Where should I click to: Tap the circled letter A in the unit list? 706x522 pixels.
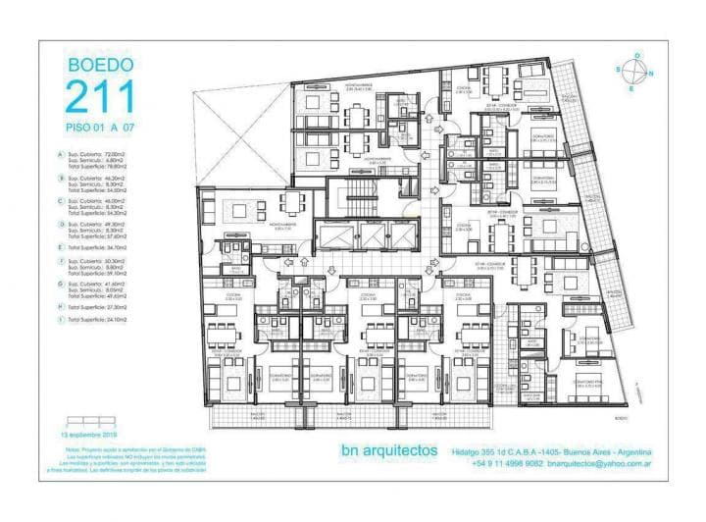61,155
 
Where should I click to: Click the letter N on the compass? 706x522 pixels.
637,56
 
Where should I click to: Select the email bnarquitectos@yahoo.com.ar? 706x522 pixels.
601,461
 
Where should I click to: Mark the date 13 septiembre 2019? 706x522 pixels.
91,432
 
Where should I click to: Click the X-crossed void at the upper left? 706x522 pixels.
235,124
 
